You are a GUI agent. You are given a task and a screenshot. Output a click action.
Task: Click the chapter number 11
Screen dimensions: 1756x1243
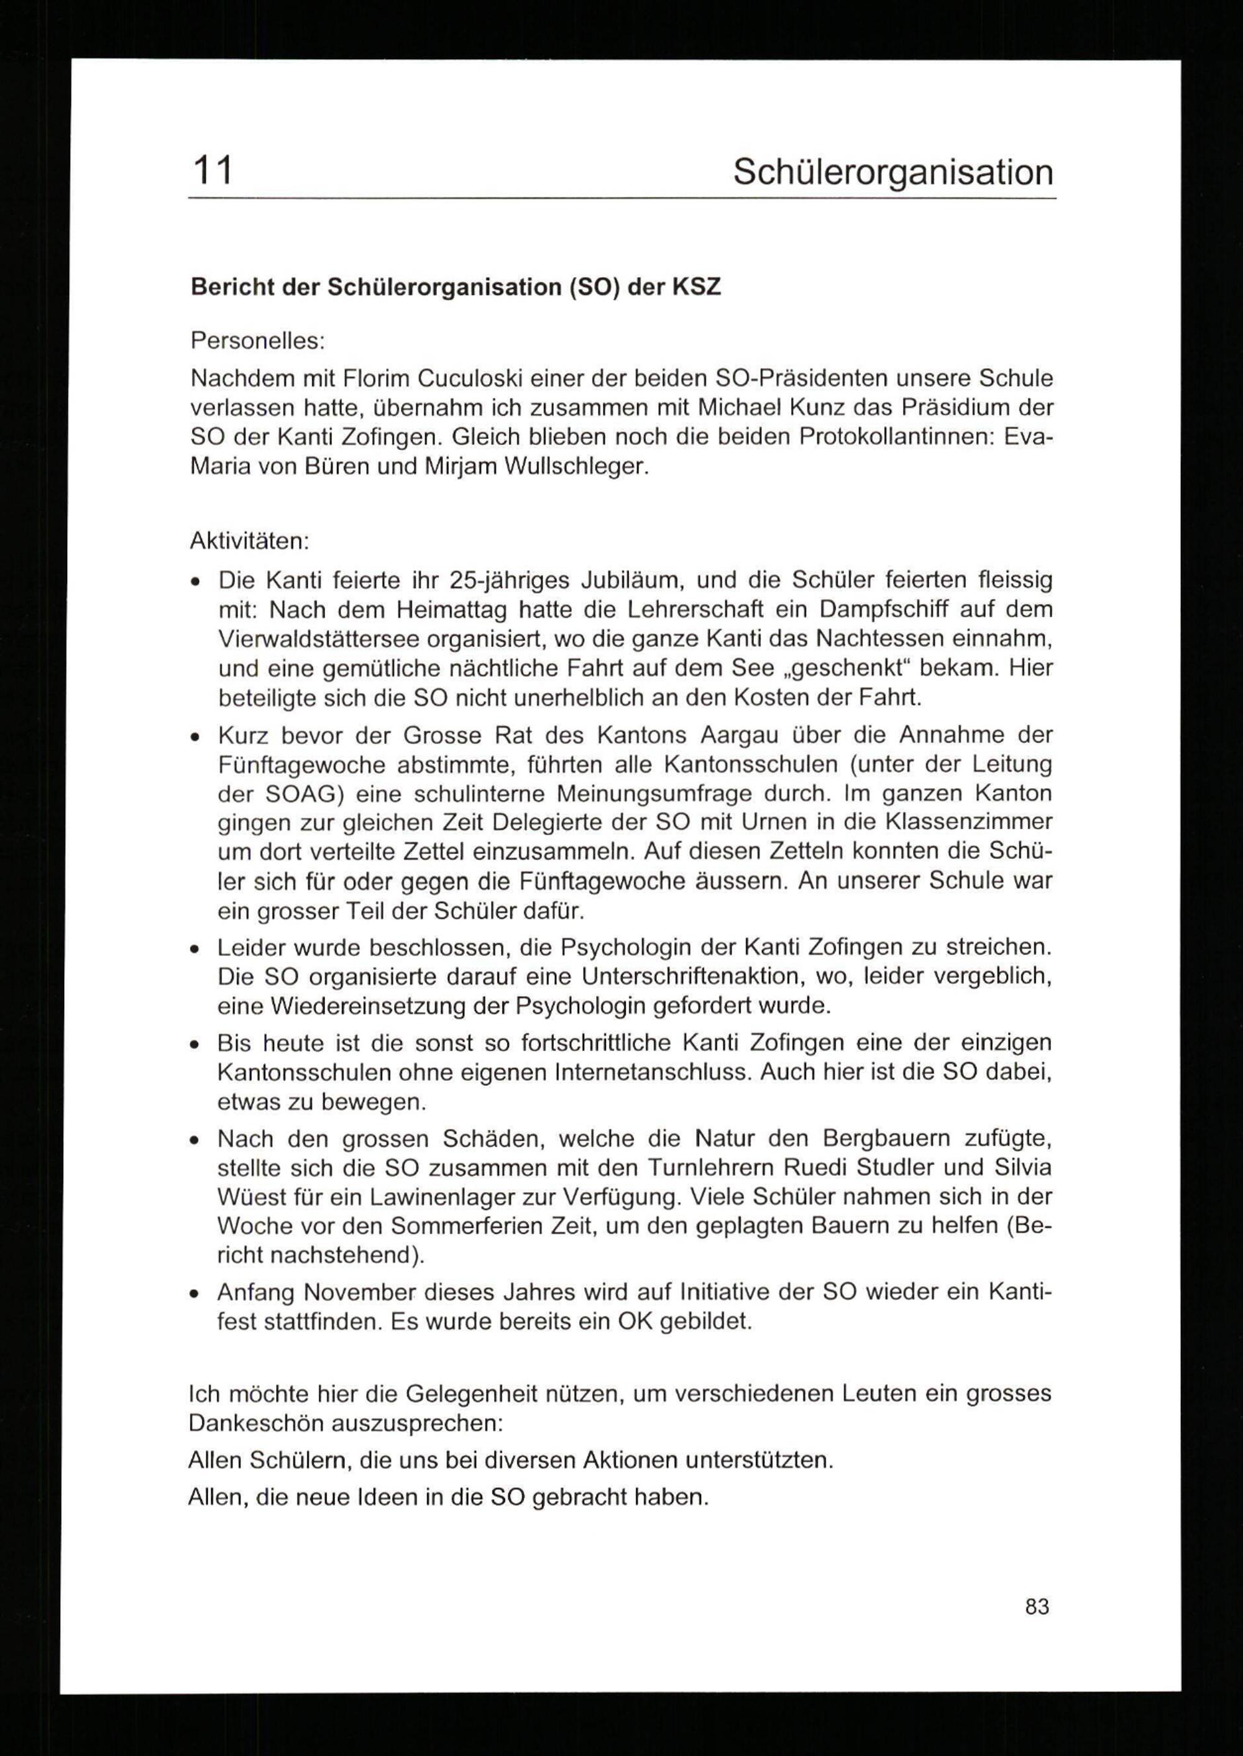[212, 170]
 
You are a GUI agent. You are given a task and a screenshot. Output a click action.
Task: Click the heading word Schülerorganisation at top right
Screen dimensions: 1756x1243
[892, 172]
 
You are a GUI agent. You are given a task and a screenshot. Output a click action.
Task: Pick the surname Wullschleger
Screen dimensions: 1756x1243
[575, 467]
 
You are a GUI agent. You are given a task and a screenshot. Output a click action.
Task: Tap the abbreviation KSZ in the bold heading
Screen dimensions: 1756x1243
[697, 287]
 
